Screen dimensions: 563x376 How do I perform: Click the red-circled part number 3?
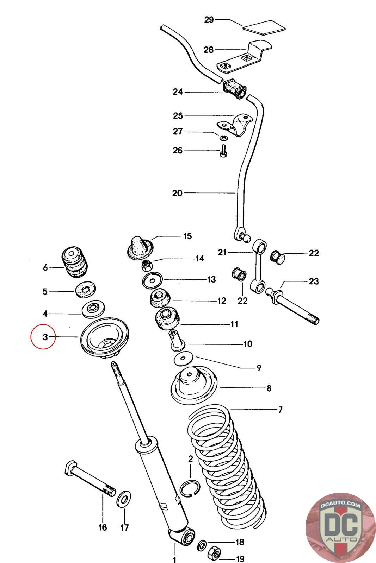pos(45,337)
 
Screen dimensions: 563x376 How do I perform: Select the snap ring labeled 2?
pos(190,488)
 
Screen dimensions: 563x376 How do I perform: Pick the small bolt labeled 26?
pos(223,152)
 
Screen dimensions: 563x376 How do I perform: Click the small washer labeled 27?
pos(223,137)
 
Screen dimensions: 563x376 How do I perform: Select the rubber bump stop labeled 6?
pos(74,263)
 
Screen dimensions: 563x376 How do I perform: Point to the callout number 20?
pos(177,193)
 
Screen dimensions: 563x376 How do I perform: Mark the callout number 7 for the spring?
pos(281,410)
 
